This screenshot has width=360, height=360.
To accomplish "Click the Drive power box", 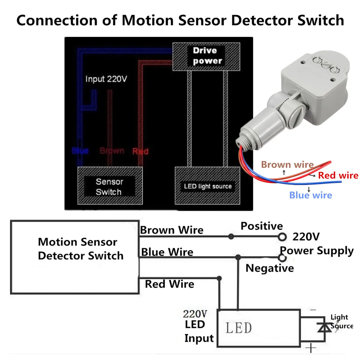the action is pos(206,57).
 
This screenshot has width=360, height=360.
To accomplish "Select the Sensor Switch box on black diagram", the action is pos(110,186).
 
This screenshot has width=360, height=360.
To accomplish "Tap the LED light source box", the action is pos(207,186).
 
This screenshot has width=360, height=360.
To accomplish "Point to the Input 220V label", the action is pos(106,79).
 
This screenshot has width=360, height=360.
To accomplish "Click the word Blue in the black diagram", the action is pos(80,151).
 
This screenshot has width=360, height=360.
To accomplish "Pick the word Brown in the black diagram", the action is pos(112,151).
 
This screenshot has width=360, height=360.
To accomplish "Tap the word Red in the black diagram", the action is pos(140,151).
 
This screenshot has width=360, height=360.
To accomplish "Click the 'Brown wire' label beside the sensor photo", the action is pos(287,165).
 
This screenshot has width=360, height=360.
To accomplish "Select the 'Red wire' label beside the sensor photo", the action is pos(338,175).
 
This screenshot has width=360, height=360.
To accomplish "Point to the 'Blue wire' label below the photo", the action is pos(311,195).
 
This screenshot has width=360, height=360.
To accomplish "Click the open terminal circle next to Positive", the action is pos(282,237).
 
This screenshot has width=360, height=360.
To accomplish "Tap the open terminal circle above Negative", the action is pos(282,258).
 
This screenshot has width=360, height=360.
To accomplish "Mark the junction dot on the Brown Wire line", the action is pos(231,236).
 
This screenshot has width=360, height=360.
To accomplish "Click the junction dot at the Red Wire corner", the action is pos(219,278).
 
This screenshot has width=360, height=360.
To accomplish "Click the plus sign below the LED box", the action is pos(311,348).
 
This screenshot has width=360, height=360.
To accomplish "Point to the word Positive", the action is pos(262,226).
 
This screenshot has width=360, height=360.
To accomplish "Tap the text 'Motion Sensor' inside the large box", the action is pos(77,242).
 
